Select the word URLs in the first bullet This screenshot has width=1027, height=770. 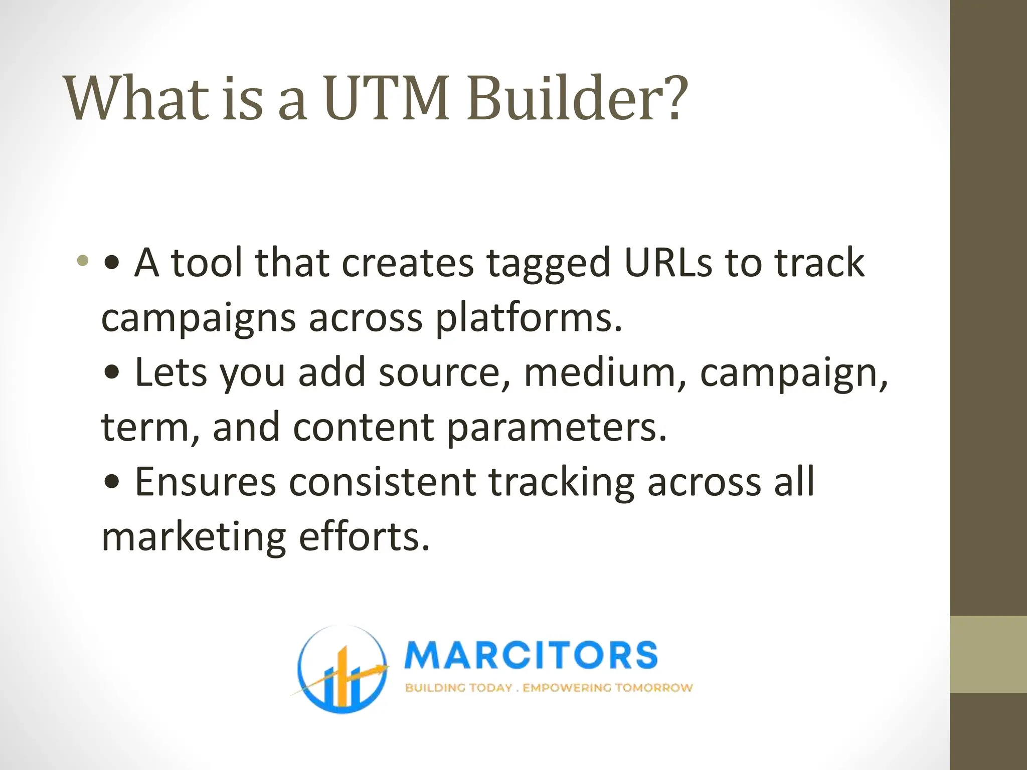pos(668,263)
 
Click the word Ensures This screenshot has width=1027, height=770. pos(206,482)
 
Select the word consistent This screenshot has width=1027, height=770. pos(383,482)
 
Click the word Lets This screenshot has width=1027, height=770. pos(171,373)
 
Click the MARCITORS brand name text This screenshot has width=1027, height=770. pos(531,655)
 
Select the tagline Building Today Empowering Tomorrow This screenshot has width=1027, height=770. pos(549,688)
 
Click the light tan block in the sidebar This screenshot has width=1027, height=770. pos(988,655)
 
